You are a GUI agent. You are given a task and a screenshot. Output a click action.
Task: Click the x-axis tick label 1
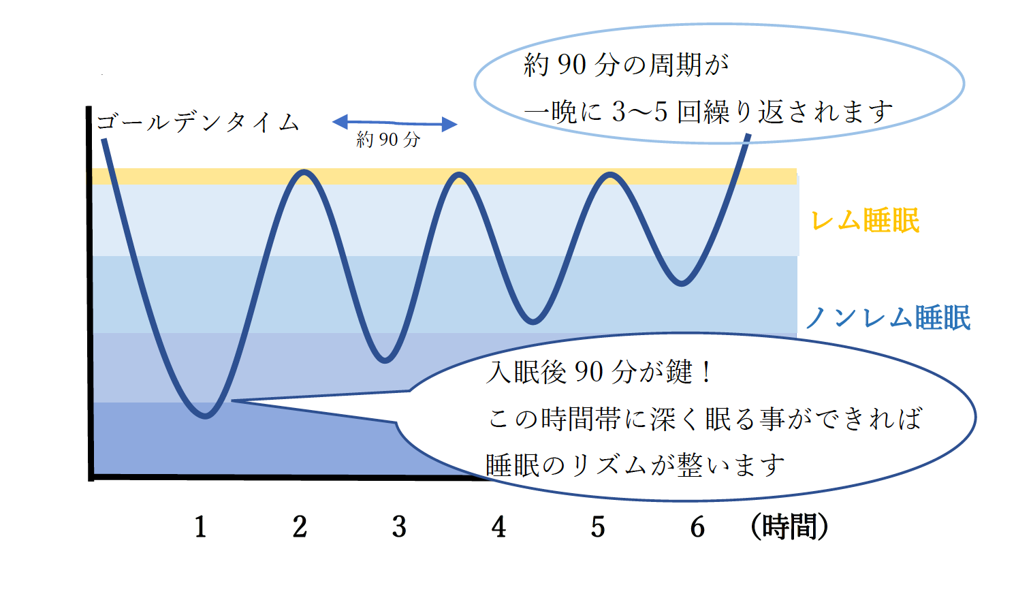tap(200, 526)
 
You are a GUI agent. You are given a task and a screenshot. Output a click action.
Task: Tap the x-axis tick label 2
tap(300, 526)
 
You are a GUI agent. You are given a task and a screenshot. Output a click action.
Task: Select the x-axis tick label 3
tap(399, 526)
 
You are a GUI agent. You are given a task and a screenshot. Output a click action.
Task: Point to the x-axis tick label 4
tap(498, 526)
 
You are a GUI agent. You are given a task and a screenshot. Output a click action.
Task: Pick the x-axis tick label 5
tap(598, 526)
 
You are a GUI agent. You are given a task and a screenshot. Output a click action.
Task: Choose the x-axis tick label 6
tap(697, 526)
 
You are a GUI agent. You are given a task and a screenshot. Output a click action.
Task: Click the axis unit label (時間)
tap(789, 526)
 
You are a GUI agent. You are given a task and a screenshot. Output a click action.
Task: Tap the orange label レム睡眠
tap(865, 221)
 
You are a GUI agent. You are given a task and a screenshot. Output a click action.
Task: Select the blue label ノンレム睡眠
tap(887, 318)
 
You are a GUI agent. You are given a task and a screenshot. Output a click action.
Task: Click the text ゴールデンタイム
tap(197, 123)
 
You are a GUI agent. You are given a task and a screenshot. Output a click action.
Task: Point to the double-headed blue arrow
tap(394, 123)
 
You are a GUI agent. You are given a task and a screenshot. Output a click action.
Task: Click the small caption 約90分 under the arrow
tap(388, 140)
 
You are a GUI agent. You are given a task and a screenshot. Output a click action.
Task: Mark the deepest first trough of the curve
tap(206, 415)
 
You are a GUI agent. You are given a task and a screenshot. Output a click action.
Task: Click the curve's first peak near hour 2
tap(304, 172)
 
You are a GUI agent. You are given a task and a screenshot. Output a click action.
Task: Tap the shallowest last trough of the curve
tap(681, 283)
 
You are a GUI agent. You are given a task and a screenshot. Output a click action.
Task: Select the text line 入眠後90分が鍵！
tap(599, 372)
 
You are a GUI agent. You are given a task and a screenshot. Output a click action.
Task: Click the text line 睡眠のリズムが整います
tap(635, 466)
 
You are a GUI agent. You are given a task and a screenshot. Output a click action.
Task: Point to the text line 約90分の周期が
tap(626, 65)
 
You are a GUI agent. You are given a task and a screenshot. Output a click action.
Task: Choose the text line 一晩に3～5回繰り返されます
tap(708, 112)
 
